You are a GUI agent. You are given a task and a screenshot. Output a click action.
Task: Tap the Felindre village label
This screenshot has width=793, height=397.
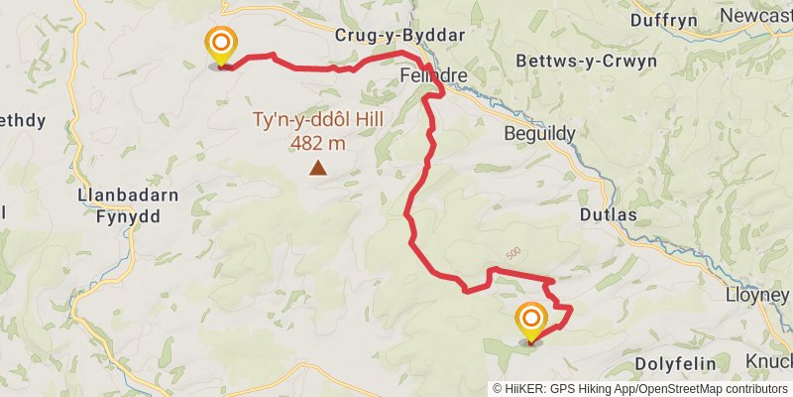[x=427, y=75]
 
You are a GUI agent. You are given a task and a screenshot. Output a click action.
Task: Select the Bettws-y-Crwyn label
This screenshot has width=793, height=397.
[x=587, y=62]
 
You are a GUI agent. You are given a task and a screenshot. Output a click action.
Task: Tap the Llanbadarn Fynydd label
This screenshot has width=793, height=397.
[x=128, y=204]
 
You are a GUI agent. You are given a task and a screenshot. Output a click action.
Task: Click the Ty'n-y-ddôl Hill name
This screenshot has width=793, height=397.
[x=318, y=122]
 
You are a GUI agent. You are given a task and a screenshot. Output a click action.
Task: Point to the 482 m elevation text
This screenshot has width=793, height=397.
[x=318, y=143]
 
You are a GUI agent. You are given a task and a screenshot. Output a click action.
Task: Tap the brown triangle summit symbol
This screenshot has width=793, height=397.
[x=318, y=169]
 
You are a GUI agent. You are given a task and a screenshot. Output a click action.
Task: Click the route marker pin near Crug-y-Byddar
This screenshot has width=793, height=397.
[x=220, y=44]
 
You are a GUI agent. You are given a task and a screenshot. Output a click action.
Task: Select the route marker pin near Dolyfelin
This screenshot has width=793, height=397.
[x=531, y=320]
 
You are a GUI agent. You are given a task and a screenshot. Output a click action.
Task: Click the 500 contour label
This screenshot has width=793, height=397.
[x=511, y=254]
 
